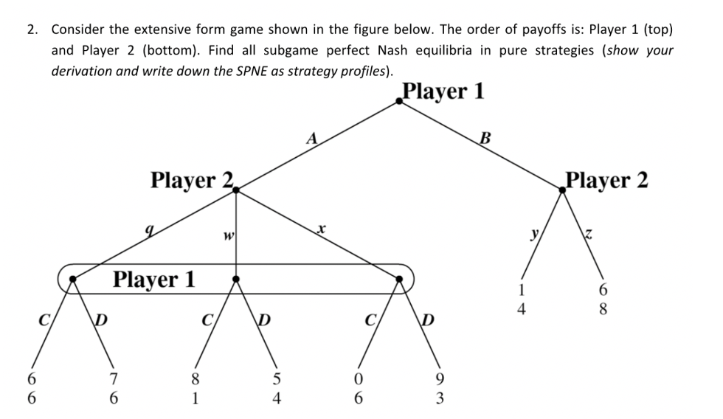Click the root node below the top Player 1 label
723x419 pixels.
coord(399,103)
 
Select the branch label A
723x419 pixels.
coord(313,137)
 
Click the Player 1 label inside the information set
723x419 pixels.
coord(154,279)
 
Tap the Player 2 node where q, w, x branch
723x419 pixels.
coord(236,190)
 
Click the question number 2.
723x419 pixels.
coord(31,30)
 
